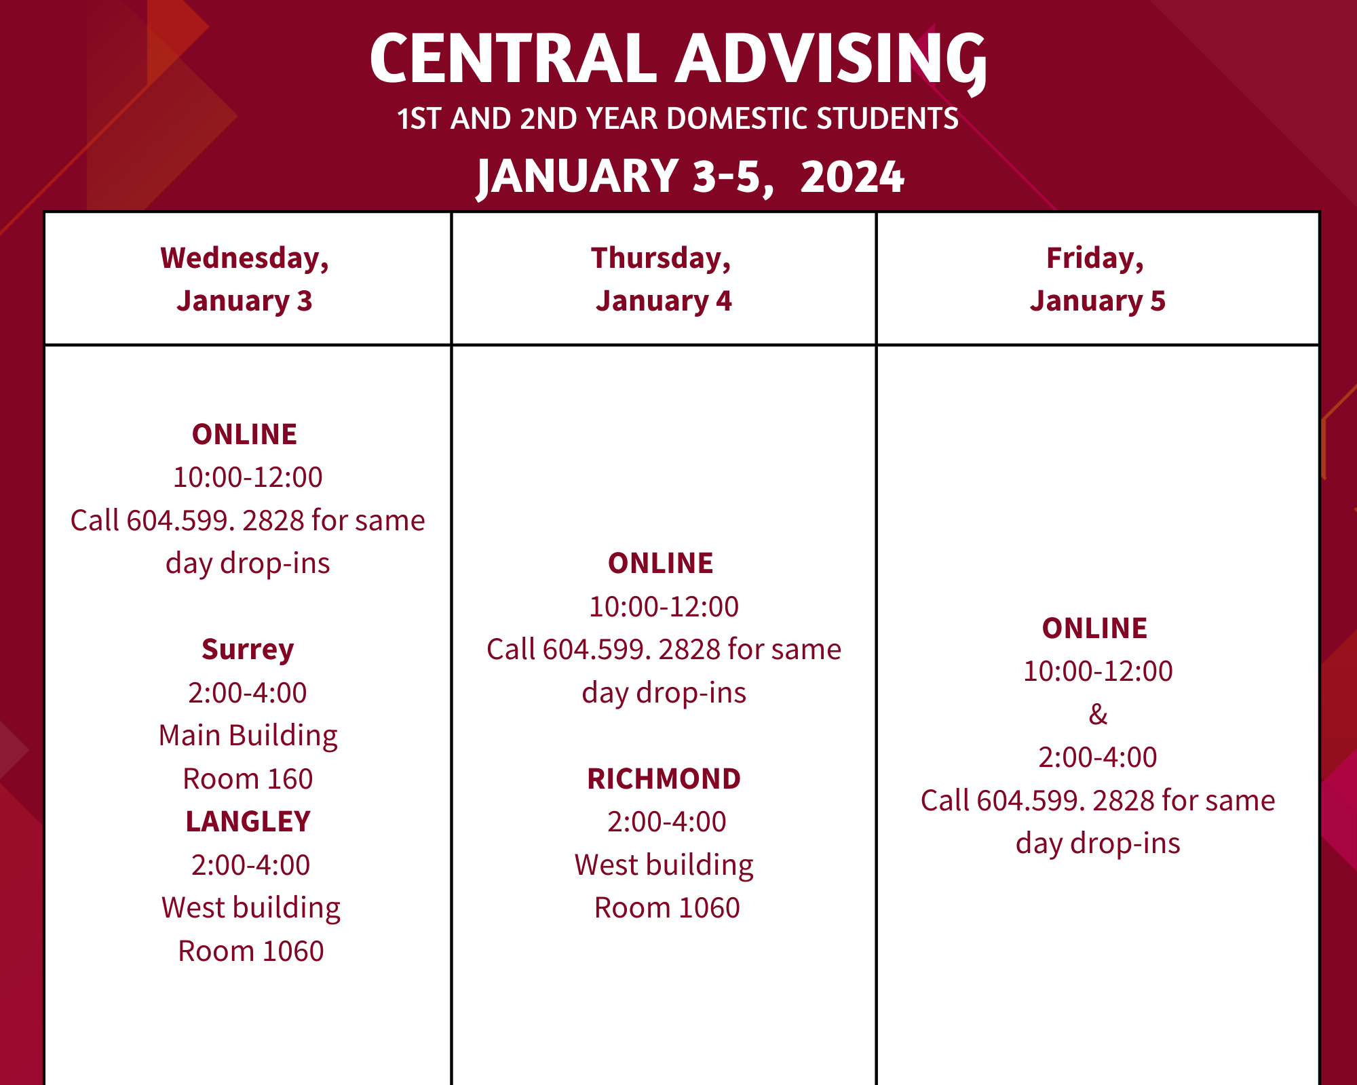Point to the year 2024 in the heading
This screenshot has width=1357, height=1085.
[852, 176]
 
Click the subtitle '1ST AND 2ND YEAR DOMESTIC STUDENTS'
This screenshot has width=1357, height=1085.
[678, 119]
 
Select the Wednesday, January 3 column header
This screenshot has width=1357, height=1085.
[245, 279]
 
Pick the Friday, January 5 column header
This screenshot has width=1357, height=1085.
[1096, 279]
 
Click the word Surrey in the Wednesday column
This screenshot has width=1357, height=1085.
[248, 650]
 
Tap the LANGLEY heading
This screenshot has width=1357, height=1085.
[248, 822]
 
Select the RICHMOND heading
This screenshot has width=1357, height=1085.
[664, 779]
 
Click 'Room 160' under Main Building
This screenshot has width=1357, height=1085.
[248, 779]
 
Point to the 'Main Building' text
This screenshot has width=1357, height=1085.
[248, 736]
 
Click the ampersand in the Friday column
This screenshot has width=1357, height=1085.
[1098, 714]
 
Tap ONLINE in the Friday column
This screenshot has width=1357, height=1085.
[1094, 629]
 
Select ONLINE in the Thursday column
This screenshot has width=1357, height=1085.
[660, 564]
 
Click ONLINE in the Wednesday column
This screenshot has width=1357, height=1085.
[244, 435]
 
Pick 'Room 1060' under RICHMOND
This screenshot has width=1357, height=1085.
[667, 908]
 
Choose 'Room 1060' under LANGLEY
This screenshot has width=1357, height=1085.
[251, 951]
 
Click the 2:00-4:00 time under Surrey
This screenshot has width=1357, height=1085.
[248, 693]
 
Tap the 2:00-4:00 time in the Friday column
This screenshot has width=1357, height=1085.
[1098, 757]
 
